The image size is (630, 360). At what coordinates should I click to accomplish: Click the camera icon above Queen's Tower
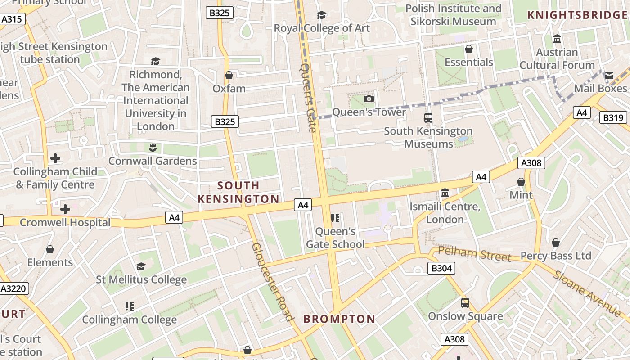tap(369, 99)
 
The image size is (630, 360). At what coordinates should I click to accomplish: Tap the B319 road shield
tap(613, 118)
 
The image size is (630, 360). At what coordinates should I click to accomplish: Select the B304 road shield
tap(441, 269)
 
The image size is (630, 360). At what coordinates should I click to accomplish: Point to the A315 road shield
tap(12, 19)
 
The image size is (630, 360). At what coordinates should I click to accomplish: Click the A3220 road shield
tap(14, 288)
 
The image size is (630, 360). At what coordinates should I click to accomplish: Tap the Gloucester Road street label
tap(273, 282)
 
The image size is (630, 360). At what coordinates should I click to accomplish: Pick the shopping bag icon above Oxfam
tap(229, 75)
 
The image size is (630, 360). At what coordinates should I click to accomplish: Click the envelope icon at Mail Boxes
tap(609, 75)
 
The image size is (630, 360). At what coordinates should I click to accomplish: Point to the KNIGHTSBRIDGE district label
tap(577, 15)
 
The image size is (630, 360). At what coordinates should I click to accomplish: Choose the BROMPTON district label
tap(339, 319)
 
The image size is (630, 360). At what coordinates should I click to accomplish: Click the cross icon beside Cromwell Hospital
tap(65, 209)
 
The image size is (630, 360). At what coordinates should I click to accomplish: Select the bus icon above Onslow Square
tap(465, 303)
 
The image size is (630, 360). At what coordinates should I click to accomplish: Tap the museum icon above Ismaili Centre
tap(445, 193)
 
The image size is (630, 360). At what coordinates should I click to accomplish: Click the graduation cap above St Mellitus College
tap(141, 266)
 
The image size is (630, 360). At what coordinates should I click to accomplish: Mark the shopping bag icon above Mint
tap(521, 182)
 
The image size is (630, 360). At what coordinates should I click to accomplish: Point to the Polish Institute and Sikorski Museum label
tap(453, 15)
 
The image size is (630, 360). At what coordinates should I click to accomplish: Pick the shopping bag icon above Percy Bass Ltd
tap(556, 243)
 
